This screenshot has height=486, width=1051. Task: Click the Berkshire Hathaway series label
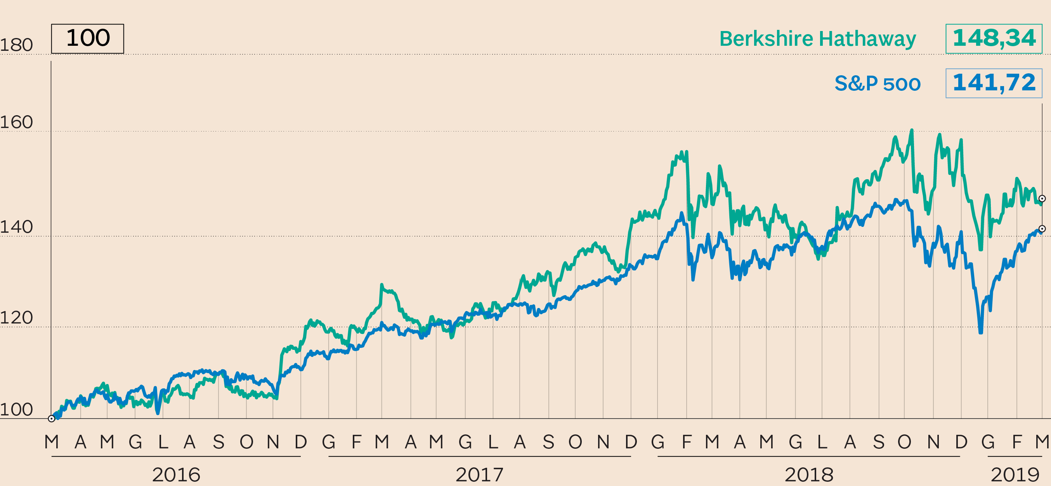click(817, 39)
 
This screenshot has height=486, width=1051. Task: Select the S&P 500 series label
click(877, 83)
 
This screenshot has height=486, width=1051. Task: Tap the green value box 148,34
click(994, 39)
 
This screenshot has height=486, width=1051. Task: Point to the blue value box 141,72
click(994, 83)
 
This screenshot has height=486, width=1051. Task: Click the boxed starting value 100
click(88, 38)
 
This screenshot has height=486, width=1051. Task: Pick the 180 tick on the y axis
click(16, 45)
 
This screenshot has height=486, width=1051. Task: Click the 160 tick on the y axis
click(16, 122)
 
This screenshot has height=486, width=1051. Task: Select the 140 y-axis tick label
click(16, 227)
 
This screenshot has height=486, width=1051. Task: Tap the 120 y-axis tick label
click(16, 318)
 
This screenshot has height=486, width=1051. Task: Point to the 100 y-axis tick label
click(16, 410)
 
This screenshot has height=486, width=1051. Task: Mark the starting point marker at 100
click(51, 419)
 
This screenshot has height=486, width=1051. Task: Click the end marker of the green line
click(1042, 199)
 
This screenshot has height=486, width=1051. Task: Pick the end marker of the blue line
click(1042, 229)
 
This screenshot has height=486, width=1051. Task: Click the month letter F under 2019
click(1017, 442)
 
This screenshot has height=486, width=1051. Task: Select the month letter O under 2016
click(246, 442)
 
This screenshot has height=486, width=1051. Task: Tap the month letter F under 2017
click(357, 442)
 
